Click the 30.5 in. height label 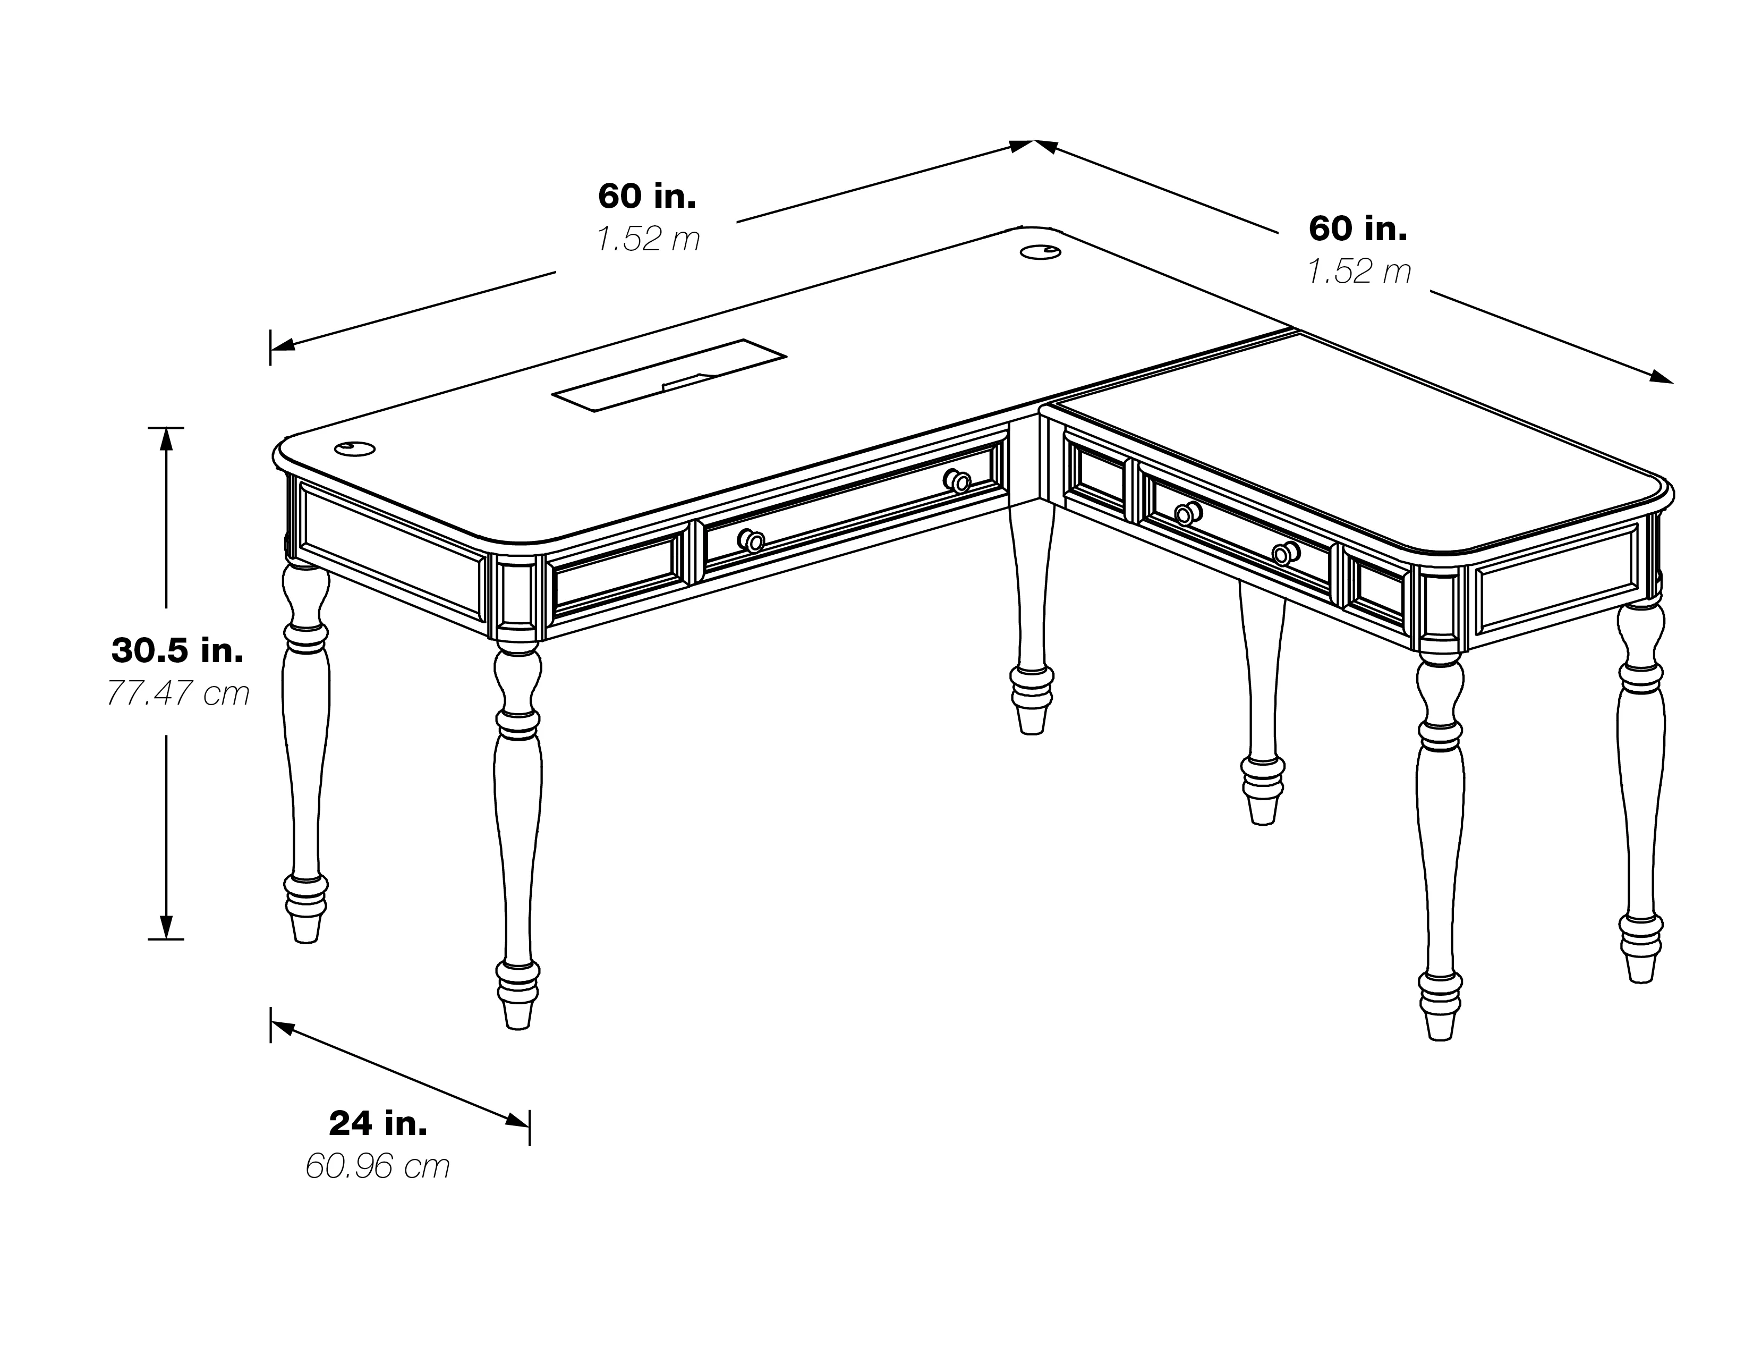(177, 650)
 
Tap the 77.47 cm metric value (177, 693)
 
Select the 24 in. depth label (378, 1124)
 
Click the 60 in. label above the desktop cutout (647, 196)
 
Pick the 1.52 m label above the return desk (1359, 272)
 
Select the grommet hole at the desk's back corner (1041, 252)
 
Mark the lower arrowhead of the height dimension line (167, 927)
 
